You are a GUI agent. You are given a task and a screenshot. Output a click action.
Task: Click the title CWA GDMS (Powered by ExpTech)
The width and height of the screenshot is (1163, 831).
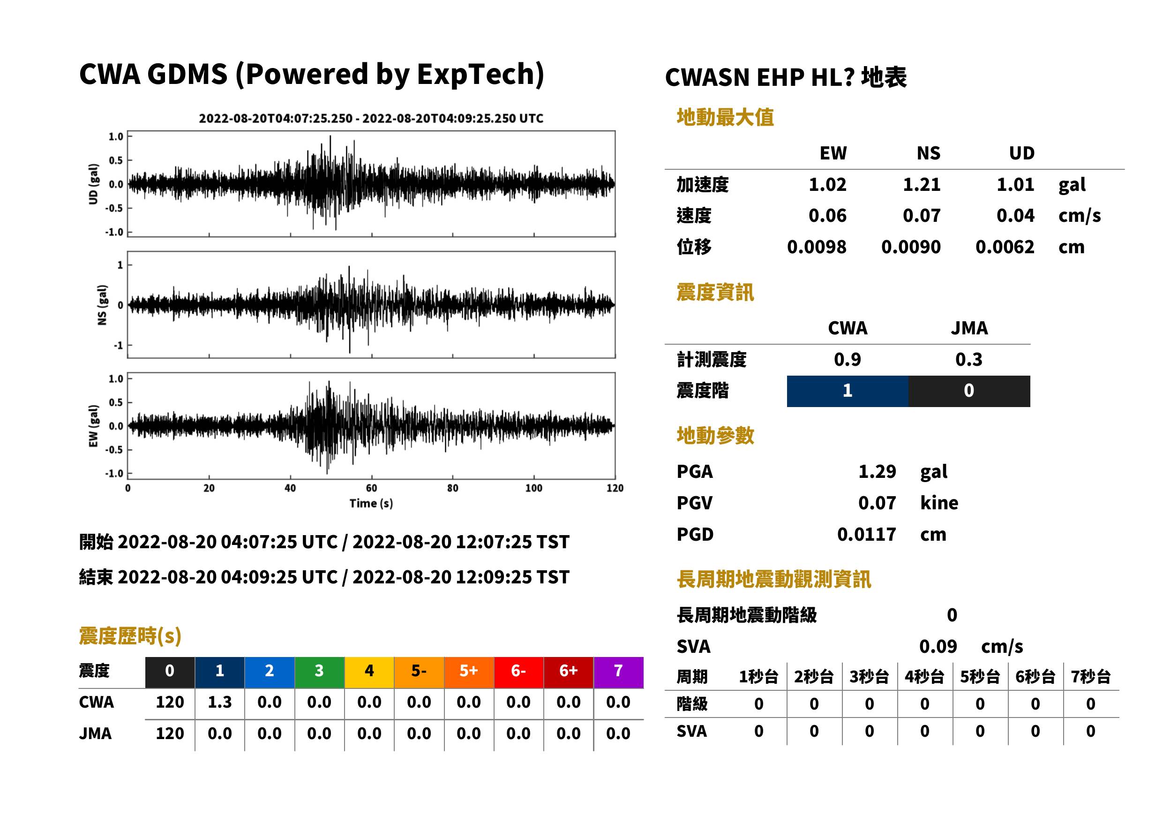point(311,75)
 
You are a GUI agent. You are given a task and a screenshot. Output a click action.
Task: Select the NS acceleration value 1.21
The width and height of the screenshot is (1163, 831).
point(921,185)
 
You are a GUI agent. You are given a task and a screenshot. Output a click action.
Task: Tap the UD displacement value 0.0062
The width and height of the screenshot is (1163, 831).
point(1005,247)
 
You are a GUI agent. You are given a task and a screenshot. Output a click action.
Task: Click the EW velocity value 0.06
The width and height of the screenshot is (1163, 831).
point(827,216)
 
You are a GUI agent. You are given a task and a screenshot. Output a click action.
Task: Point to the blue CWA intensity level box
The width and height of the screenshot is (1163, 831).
point(848,391)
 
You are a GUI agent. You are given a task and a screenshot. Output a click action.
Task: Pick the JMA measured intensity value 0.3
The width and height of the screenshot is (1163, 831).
point(968,360)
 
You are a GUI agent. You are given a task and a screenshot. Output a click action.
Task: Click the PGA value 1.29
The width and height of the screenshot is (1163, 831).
point(877,472)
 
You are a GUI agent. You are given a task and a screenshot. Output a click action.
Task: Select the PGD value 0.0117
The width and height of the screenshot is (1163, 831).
point(866,535)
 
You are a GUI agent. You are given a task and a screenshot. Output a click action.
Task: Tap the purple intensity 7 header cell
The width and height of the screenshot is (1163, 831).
point(618,672)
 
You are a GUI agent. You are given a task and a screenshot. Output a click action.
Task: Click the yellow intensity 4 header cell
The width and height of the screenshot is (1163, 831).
point(369,672)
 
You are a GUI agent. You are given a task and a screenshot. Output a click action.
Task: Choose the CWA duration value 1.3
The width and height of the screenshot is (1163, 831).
point(219,703)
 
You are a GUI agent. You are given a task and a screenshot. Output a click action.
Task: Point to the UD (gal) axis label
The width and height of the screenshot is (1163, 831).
point(93,184)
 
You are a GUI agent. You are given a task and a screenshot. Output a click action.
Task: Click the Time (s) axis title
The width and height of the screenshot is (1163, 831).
point(371,504)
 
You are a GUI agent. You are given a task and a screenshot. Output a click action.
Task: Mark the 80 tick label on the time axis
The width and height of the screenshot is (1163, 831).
point(453,488)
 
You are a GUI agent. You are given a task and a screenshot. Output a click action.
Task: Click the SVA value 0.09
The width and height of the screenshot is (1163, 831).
point(938,647)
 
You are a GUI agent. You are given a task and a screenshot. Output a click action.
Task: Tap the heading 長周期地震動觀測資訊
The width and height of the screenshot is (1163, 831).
point(774,580)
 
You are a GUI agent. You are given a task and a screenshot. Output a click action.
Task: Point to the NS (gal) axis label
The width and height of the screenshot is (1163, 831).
point(102,305)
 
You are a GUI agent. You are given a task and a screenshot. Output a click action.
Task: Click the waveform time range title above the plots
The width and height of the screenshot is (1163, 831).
point(371,119)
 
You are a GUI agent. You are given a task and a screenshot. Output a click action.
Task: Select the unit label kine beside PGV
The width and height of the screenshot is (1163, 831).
point(939,503)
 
